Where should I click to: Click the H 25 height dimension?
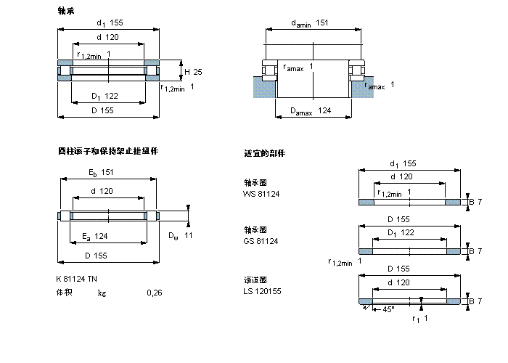(x=193, y=72)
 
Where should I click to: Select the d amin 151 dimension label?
(x=310, y=23)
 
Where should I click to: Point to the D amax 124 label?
(x=311, y=110)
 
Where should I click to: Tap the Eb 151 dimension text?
(x=99, y=172)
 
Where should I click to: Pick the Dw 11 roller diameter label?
(x=181, y=235)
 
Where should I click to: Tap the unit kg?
(x=102, y=293)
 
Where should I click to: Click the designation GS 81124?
(x=261, y=240)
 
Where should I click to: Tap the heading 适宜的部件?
(x=265, y=154)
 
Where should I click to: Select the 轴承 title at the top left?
(x=65, y=11)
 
